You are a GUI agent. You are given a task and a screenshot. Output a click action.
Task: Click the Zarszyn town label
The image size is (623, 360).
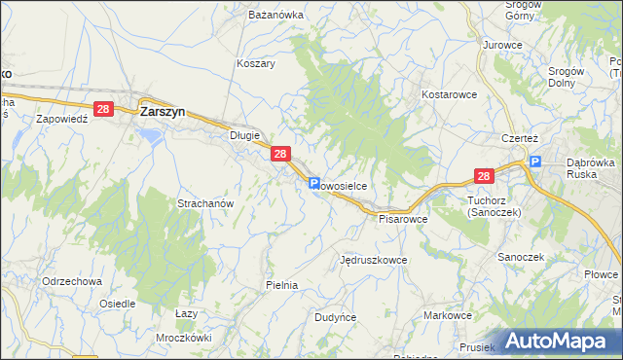[x=165, y=111]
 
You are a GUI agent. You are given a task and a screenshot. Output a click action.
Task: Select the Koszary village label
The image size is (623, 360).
[x=256, y=63]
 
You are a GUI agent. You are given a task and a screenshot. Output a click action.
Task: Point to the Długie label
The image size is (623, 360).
[x=244, y=136]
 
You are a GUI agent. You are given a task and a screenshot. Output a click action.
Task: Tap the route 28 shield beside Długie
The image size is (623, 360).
[x=280, y=154]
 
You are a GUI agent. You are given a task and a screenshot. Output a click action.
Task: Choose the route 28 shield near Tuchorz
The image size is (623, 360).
[x=485, y=176]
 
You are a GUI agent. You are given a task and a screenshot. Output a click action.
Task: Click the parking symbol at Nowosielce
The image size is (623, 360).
[x=314, y=183]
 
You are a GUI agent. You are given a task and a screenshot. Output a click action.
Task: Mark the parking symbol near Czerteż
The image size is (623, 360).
[x=533, y=163]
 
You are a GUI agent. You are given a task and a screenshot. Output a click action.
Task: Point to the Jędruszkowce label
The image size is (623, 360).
[x=373, y=261]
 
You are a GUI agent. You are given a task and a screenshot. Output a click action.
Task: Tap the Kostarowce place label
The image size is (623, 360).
[x=448, y=94]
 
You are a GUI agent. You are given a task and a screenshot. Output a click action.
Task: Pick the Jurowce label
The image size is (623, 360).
[x=502, y=45]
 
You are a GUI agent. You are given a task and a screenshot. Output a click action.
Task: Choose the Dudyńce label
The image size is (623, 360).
[x=336, y=317]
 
